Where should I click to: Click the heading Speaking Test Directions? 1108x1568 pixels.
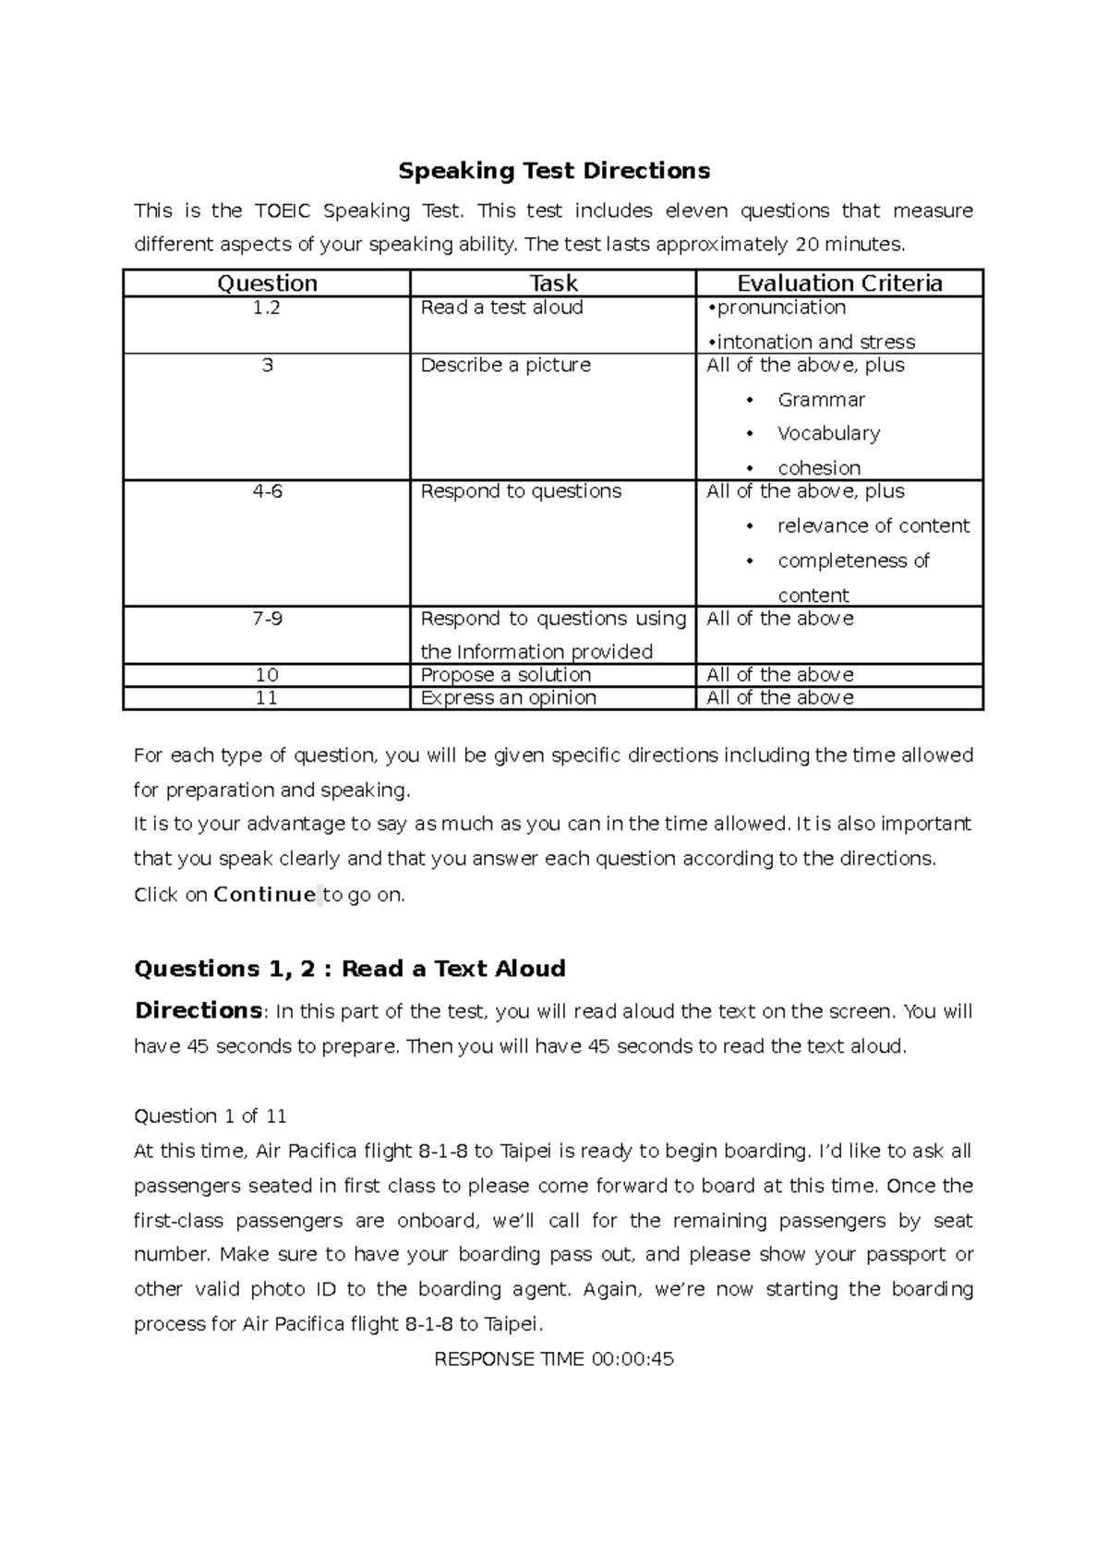554,171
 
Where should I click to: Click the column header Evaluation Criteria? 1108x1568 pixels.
839,283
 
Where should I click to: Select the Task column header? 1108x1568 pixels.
553,283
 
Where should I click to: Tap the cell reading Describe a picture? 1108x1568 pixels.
505,365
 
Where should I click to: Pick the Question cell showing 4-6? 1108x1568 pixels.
267,491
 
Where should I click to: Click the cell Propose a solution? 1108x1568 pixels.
505,675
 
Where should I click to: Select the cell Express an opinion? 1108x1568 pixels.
508,698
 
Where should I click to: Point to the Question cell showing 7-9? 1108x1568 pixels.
267,619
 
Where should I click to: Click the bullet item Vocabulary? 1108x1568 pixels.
828,433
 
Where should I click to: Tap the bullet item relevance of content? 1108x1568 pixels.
873,526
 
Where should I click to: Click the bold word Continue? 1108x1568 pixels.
264,895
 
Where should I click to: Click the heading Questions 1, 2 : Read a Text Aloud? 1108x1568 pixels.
350,969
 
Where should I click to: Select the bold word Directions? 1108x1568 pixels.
198,1010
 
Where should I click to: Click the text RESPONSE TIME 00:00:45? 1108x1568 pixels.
554,1359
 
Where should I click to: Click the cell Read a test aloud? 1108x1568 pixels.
501,308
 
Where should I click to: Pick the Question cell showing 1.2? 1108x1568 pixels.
267,308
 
